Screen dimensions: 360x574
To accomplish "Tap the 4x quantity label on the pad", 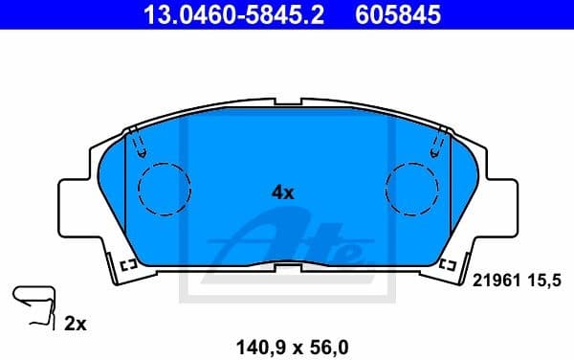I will click(x=282, y=191).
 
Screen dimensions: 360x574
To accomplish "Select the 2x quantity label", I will click(x=75, y=325).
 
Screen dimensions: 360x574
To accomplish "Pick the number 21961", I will click(x=495, y=280).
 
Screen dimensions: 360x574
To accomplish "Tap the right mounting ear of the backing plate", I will click(x=498, y=205).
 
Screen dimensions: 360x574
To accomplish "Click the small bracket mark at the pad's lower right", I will click(x=444, y=264).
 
